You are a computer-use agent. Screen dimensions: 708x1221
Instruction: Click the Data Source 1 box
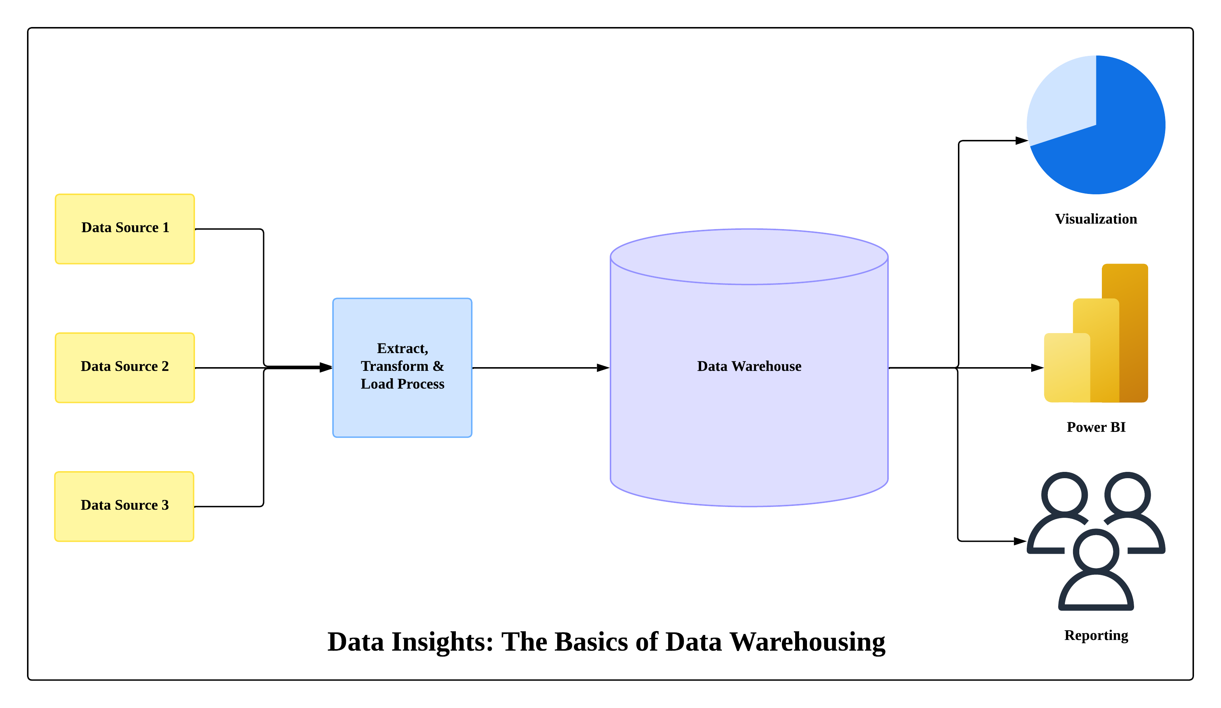pyautogui.click(x=125, y=229)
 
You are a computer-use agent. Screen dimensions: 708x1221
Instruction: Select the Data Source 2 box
pyautogui.click(x=125, y=368)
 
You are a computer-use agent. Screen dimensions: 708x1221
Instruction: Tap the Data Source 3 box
pyautogui.click(x=125, y=506)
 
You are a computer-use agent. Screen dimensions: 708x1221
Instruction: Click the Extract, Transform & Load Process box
pyautogui.click(x=402, y=368)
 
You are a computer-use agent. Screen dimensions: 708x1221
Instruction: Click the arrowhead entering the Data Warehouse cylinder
pyautogui.click(x=603, y=368)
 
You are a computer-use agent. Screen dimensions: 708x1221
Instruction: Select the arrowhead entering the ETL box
pyautogui.click(x=326, y=368)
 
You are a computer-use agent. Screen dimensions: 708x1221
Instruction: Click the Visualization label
pyautogui.click(x=1096, y=219)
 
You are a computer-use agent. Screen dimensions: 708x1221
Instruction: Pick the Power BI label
pyautogui.click(x=1096, y=427)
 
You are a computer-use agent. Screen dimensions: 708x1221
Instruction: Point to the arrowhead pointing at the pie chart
pyautogui.click(x=1021, y=141)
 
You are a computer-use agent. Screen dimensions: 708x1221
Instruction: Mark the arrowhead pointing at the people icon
pyautogui.click(x=1020, y=541)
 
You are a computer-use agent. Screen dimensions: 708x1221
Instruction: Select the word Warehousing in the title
pyautogui.click(x=807, y=642)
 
